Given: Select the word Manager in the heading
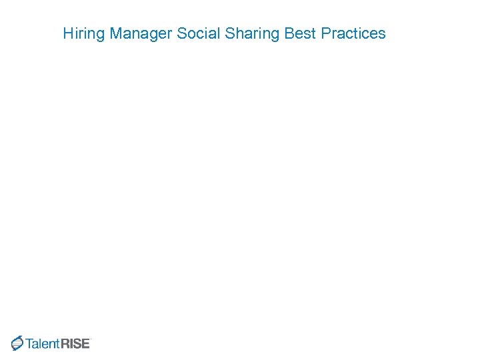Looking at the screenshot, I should coord(141,33).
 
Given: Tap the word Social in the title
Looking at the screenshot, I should coord(198,33).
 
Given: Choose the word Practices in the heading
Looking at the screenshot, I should coord(353,33).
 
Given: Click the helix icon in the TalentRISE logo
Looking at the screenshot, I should coord(17,343).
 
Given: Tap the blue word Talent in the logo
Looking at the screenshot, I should coord(43,344).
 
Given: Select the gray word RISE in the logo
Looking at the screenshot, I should coord(75,344).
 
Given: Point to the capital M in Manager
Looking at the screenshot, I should coord(116,33).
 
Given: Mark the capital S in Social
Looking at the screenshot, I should coord(181,33).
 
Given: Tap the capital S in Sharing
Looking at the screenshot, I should coord(230,33).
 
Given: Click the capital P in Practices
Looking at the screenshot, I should coord(325,33).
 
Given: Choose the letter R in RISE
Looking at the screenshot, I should coord(65,344).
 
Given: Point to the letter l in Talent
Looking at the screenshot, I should coord(41,344).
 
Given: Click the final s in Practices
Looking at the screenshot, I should coord(382,34).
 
